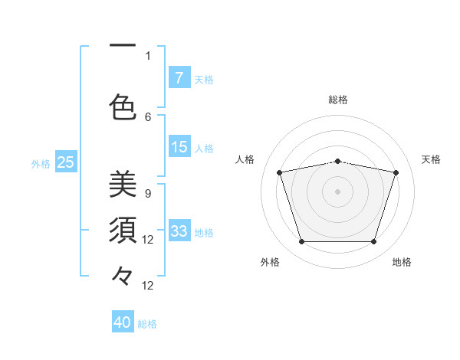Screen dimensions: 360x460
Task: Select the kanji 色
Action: tap(123, 106)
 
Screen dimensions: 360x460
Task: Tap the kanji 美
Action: tap(123, 185)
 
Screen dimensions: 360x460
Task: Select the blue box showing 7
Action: tap(179, 78)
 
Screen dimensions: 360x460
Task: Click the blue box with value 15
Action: tap(179, 147)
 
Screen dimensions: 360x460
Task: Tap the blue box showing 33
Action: tap(179, 231)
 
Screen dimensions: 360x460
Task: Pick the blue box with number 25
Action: tap(66, 162)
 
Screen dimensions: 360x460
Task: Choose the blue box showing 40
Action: tap(123, 322)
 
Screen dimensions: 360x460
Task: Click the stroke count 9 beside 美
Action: tap(147, 194)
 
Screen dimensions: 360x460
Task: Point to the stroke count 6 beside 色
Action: tap(148, 116)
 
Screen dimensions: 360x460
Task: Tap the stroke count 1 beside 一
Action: tap(148, 55)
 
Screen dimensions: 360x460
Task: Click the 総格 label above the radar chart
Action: tap(338, 100)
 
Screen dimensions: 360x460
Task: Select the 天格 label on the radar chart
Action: tap(431, 159)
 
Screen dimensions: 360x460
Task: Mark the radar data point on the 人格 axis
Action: tap(280, 172)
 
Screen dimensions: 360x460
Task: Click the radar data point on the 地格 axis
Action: tap(373, 242)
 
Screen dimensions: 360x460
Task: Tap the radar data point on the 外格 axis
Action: tap(301, 242)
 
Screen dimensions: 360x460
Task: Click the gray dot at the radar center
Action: tap(338, 191)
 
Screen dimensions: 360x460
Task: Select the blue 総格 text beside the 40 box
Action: tap(147, 324)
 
